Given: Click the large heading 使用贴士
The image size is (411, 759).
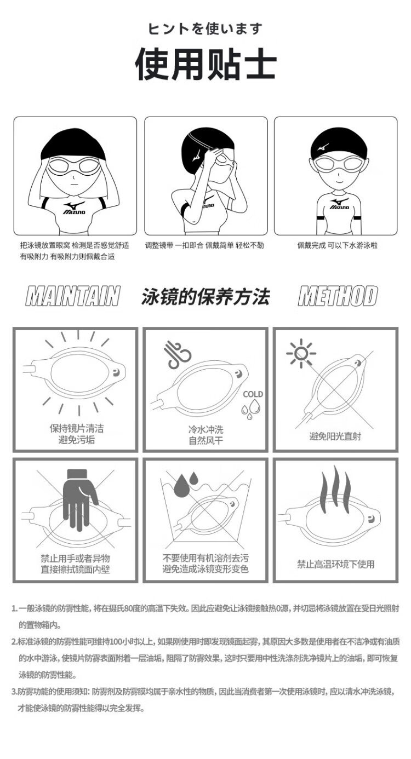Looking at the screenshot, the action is (x=206, y=64).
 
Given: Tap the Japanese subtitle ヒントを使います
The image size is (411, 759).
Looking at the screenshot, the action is (x=206, y=29).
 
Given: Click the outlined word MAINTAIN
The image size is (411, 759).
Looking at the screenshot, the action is (x=73, y=296).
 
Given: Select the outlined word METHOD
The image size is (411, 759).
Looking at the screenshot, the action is (x=338, y=296).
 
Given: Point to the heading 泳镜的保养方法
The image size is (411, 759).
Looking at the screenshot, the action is (x=206, y=296).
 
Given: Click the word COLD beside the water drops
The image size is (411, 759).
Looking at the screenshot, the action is (x=253, y=394).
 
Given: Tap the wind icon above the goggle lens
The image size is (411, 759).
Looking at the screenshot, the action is (x=177, y=355).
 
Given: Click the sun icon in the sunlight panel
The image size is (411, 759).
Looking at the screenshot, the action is (x=301, y=353).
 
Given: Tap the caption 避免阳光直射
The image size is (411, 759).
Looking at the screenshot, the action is (x=335, y=436).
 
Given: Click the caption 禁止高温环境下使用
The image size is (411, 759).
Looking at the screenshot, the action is (x=336, y=564).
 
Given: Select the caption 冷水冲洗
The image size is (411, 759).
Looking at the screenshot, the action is (x=206, y=429).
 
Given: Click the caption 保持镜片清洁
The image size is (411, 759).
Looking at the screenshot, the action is (x=77, y=428).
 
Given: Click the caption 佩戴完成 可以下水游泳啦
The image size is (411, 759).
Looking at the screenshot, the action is (x=337, y=245).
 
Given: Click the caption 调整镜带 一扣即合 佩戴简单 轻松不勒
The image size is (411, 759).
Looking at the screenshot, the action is (x=204, y=245).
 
